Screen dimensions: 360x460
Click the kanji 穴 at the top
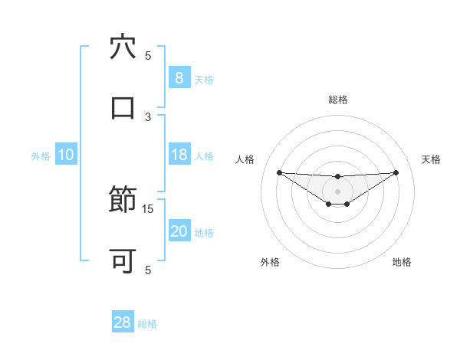point(123,47)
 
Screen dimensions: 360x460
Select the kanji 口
point(123,108)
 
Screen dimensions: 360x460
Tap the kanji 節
point(123,201)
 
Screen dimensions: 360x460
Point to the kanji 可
point(123,261)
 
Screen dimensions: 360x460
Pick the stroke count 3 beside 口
point(148,116)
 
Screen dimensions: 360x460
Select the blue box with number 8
point(179,77)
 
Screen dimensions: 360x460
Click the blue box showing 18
point(179,155)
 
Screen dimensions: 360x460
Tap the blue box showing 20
point(179,231)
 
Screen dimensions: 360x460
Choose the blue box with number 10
point(65,155)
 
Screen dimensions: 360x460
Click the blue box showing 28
point(123,322)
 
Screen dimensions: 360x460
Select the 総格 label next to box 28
point(148,324)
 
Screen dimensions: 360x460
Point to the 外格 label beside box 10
point(41,155)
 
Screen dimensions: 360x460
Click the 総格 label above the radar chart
point(337,100)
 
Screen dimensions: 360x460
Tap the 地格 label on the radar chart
point(402,262)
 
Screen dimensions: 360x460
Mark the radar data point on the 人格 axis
point(279,172)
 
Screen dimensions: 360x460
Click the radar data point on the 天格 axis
point(396,172)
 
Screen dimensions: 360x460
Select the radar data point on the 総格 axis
point(337,177)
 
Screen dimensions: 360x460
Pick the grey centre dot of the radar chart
point(337,191)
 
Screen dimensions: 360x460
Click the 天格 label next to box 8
point(204,79)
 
